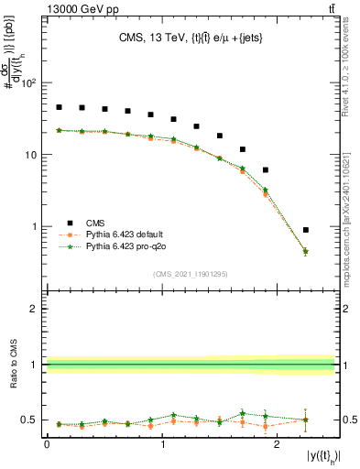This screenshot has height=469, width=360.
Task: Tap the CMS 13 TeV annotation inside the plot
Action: click(191, 38)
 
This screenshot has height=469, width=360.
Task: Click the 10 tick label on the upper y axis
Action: click(32, 155)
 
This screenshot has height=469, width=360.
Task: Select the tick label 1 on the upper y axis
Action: click(36, 226)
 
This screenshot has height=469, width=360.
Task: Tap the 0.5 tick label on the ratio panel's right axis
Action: click(348, 420)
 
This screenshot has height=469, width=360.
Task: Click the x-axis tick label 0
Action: click(47, 443)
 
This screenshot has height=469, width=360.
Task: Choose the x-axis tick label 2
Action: click(278, 443)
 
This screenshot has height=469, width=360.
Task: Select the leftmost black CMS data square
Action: click(60, 107)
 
